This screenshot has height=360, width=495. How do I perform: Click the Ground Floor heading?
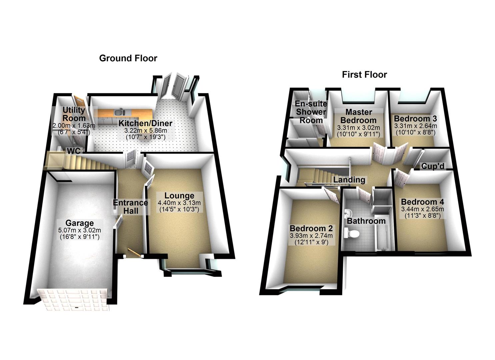128,58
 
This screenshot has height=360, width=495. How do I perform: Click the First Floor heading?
364,74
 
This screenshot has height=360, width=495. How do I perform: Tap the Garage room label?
79,223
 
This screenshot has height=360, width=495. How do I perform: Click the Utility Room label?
74,114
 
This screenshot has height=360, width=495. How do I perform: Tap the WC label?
74,151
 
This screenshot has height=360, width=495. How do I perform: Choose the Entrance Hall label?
130,207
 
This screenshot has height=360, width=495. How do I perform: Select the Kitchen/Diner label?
146,123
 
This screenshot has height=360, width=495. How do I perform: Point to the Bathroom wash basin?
348,212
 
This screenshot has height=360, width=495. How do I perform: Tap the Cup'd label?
433,166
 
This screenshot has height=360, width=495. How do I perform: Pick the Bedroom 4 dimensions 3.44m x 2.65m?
422,209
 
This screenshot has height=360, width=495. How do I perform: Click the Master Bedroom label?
358,116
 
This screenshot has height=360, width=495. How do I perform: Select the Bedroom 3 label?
415,119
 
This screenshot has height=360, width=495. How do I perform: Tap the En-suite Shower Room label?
311,112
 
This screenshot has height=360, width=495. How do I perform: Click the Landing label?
349,180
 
